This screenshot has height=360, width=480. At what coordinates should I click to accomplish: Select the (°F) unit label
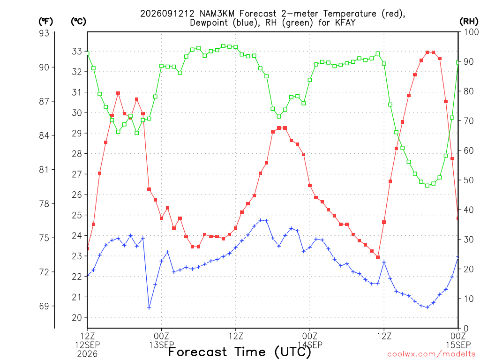pos(45,22)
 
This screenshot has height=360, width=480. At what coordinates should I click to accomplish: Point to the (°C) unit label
pos(79,22)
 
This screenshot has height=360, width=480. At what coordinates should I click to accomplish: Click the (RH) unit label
pos(469,22)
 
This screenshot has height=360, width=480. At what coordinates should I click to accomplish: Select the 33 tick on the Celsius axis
pos(77,52)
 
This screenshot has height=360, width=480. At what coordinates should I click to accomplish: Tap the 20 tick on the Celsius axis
pos(77,317)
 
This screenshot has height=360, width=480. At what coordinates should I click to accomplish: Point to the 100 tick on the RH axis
pos(471,32)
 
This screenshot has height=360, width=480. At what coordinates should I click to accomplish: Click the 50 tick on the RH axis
pos(469,180)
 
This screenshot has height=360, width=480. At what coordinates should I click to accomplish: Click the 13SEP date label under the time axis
pos(162,345)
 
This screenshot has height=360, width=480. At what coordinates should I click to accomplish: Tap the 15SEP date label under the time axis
pos(458,345)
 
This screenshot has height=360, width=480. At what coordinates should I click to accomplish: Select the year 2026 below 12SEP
pos(88,354)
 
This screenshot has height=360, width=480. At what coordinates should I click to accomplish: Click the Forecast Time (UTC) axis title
pos(240,352)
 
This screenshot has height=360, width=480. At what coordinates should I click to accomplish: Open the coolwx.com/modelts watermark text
pos(431,354)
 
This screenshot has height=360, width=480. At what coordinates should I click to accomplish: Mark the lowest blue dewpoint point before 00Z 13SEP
pos(149,307)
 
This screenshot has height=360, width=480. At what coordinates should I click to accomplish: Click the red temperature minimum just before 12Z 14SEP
pos(378,257)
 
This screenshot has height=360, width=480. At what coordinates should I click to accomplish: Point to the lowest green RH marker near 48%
pos(427,186)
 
